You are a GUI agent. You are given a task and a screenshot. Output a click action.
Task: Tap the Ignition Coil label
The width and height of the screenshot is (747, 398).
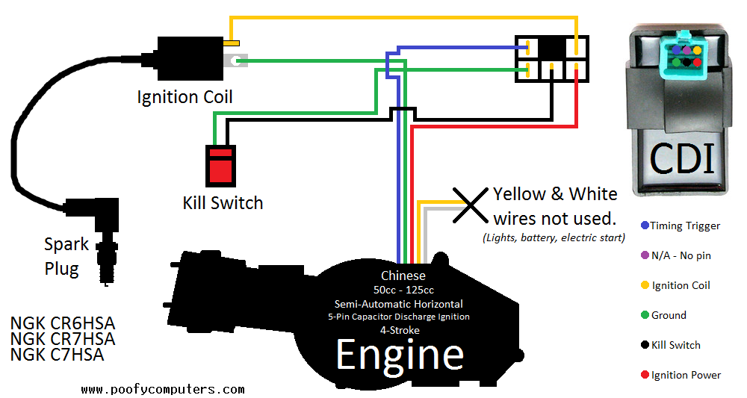185,97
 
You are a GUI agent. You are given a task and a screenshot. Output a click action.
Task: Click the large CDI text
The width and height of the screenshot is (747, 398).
682,158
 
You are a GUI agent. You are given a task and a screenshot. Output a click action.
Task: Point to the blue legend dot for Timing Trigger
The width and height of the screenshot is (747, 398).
645,226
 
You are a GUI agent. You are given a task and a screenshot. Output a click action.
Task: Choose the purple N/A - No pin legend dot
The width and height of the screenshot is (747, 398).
645,255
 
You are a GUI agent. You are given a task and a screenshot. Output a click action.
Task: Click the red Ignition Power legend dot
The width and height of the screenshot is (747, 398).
645,375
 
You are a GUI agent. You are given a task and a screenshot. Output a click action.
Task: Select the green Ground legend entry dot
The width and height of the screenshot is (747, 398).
645,315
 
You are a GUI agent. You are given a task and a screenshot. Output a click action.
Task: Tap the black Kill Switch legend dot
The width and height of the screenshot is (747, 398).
645,345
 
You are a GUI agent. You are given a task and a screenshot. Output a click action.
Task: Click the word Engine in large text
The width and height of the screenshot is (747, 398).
400,355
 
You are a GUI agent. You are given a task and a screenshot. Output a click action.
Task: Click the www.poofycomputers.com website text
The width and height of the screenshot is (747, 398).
162,389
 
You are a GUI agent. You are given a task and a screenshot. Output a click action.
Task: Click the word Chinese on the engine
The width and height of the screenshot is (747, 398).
403,276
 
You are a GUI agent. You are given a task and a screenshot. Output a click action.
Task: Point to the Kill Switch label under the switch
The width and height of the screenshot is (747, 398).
223,202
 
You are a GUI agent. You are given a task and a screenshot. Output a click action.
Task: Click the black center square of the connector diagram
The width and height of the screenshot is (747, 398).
553,48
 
